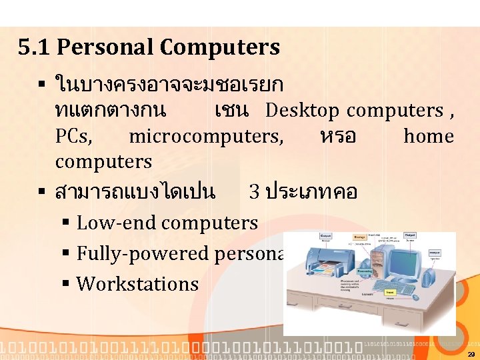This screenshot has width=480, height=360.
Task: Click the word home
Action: pos(429,137)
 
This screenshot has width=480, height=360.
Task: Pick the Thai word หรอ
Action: pos(338,137)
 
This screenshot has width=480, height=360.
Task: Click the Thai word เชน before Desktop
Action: pos(231,110)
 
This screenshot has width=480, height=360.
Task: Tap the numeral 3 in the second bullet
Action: pos(254,193)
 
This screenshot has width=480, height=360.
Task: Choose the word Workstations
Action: pos(137,284)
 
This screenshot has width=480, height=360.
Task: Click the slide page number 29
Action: pos(471,354)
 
